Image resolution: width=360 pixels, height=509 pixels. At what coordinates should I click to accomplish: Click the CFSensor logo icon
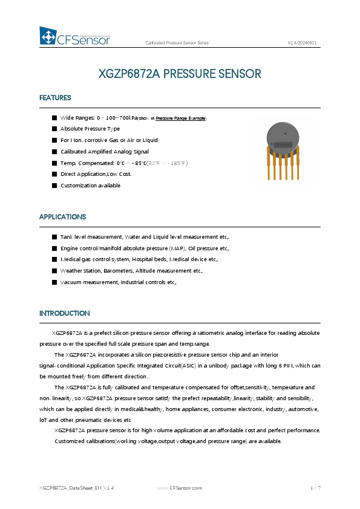click(x=48, y=37)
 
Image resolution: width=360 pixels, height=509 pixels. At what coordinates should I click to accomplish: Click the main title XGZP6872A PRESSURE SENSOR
click(x=180, y=74)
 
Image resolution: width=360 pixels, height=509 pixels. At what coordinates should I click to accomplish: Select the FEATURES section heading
click(x=55, y=98)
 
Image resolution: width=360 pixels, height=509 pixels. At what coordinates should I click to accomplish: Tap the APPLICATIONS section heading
click(x=62, y=217)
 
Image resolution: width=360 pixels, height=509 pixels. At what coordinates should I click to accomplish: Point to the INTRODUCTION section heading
click(x=64, y=314)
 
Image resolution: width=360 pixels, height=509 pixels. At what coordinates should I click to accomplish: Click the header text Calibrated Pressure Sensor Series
click(x=177, y=43)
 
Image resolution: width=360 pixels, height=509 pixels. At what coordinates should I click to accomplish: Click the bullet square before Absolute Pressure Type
click(x=54, y=129)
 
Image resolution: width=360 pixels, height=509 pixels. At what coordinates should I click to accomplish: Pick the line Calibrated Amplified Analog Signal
click(x=104, y=152)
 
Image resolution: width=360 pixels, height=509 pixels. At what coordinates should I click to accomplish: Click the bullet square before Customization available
click(x=54, y=186)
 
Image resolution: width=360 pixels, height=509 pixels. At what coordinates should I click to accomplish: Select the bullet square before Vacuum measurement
click(x=54, y=282)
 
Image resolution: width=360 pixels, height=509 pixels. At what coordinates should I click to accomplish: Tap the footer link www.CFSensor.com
click(x=179, y=487)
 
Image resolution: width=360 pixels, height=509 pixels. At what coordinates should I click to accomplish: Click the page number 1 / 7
click(x=315, y=487)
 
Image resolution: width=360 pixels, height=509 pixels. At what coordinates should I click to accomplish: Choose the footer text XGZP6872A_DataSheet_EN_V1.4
click(x=76, y=487)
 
